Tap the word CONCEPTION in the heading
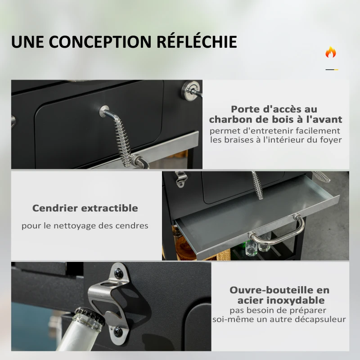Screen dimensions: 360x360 coord(100,42)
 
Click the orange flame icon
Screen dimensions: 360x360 coord(331,52)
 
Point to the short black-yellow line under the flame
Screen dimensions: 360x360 coord(332,69)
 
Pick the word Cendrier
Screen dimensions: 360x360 coord(55,208)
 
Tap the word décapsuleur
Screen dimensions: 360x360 coord(320,319)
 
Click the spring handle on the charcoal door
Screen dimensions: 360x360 coord(121,135)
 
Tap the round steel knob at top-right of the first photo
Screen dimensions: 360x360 coord(190,91)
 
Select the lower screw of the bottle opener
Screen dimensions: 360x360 coord(118,331)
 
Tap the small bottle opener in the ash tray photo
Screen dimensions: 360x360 coord(181,179)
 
